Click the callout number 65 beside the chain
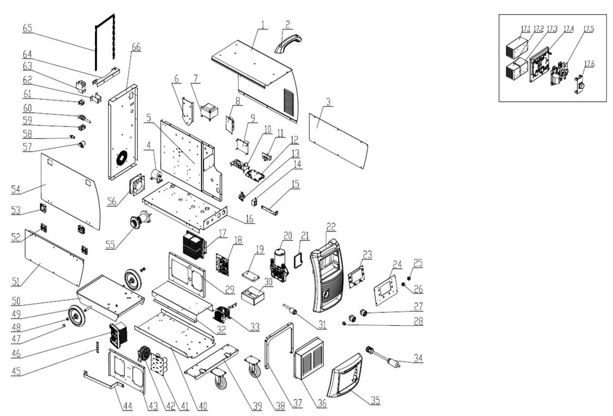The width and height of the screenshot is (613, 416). pyautogui.click(x=28, y=28)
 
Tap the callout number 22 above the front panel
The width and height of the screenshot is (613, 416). pyautogui.click(x=330, y=227)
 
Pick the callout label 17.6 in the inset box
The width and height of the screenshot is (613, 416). pyautogui.click(x=589, y=64)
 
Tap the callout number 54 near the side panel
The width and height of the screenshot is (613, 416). pyautogui.click(x=15, y=190)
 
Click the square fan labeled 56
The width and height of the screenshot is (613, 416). pyautogui.click(x=139, y=184)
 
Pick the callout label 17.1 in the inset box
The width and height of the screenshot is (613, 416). pyautogui.click(x=525, y=29)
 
